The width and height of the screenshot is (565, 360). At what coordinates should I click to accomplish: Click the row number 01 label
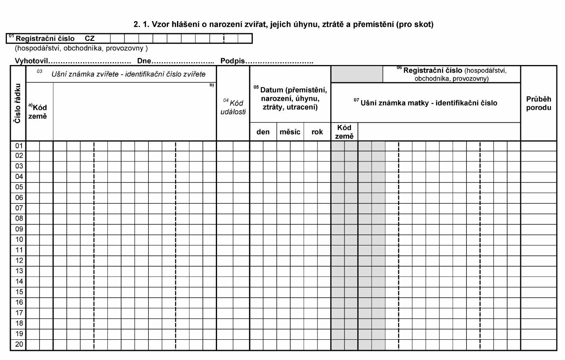(19, 146)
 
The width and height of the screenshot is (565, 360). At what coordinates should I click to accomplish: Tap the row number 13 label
(19, 271)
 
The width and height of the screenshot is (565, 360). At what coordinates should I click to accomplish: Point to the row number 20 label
(19, 344)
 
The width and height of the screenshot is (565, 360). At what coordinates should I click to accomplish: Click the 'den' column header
(263, 132)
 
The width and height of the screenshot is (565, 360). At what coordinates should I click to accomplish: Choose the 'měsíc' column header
(290, 132)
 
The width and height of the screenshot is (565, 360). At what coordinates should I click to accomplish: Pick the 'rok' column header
(317, 132)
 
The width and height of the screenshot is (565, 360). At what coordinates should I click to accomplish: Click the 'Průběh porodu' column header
(538, 103)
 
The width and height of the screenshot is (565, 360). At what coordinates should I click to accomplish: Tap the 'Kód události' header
(233, 107)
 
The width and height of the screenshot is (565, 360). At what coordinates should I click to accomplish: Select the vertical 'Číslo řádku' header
(18, 103)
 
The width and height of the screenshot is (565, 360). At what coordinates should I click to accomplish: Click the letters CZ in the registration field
(90, 38)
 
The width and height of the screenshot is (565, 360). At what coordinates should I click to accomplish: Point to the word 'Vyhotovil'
(33, 61)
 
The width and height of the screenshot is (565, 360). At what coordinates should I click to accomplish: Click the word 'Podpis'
(233, 61)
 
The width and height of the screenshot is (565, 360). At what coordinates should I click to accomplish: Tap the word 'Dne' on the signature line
(144, 61)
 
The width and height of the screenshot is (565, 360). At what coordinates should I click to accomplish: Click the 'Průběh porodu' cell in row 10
(538, 239)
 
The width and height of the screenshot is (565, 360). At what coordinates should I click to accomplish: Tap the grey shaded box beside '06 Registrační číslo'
(357, 74)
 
